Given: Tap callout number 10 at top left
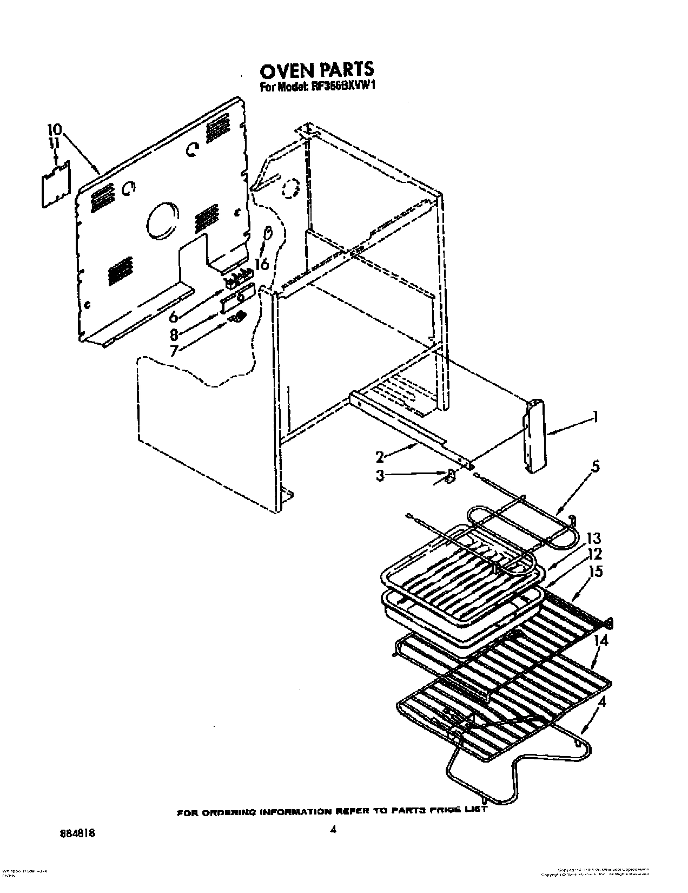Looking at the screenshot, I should [x=55, y=130].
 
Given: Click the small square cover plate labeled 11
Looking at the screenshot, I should [x=56, y=183].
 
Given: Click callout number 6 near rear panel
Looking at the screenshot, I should [x=173, y=316].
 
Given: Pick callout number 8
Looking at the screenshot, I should [x=174, y=334].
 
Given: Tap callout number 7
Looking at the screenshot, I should [x=174, y=351].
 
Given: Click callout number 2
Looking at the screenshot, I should [x=380, y=457].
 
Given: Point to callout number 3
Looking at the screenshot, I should [x=380, y=476].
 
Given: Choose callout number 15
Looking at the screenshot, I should [x=597, y=572].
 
